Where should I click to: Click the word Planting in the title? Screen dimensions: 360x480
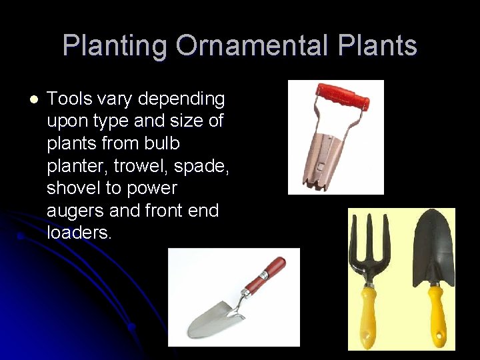(115, 46)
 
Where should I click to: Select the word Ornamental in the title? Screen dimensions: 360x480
(252, 46)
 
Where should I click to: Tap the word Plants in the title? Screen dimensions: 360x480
(377, 46)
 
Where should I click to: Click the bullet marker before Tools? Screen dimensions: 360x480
(34, 99)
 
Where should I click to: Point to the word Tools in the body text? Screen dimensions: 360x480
(69, 99)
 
